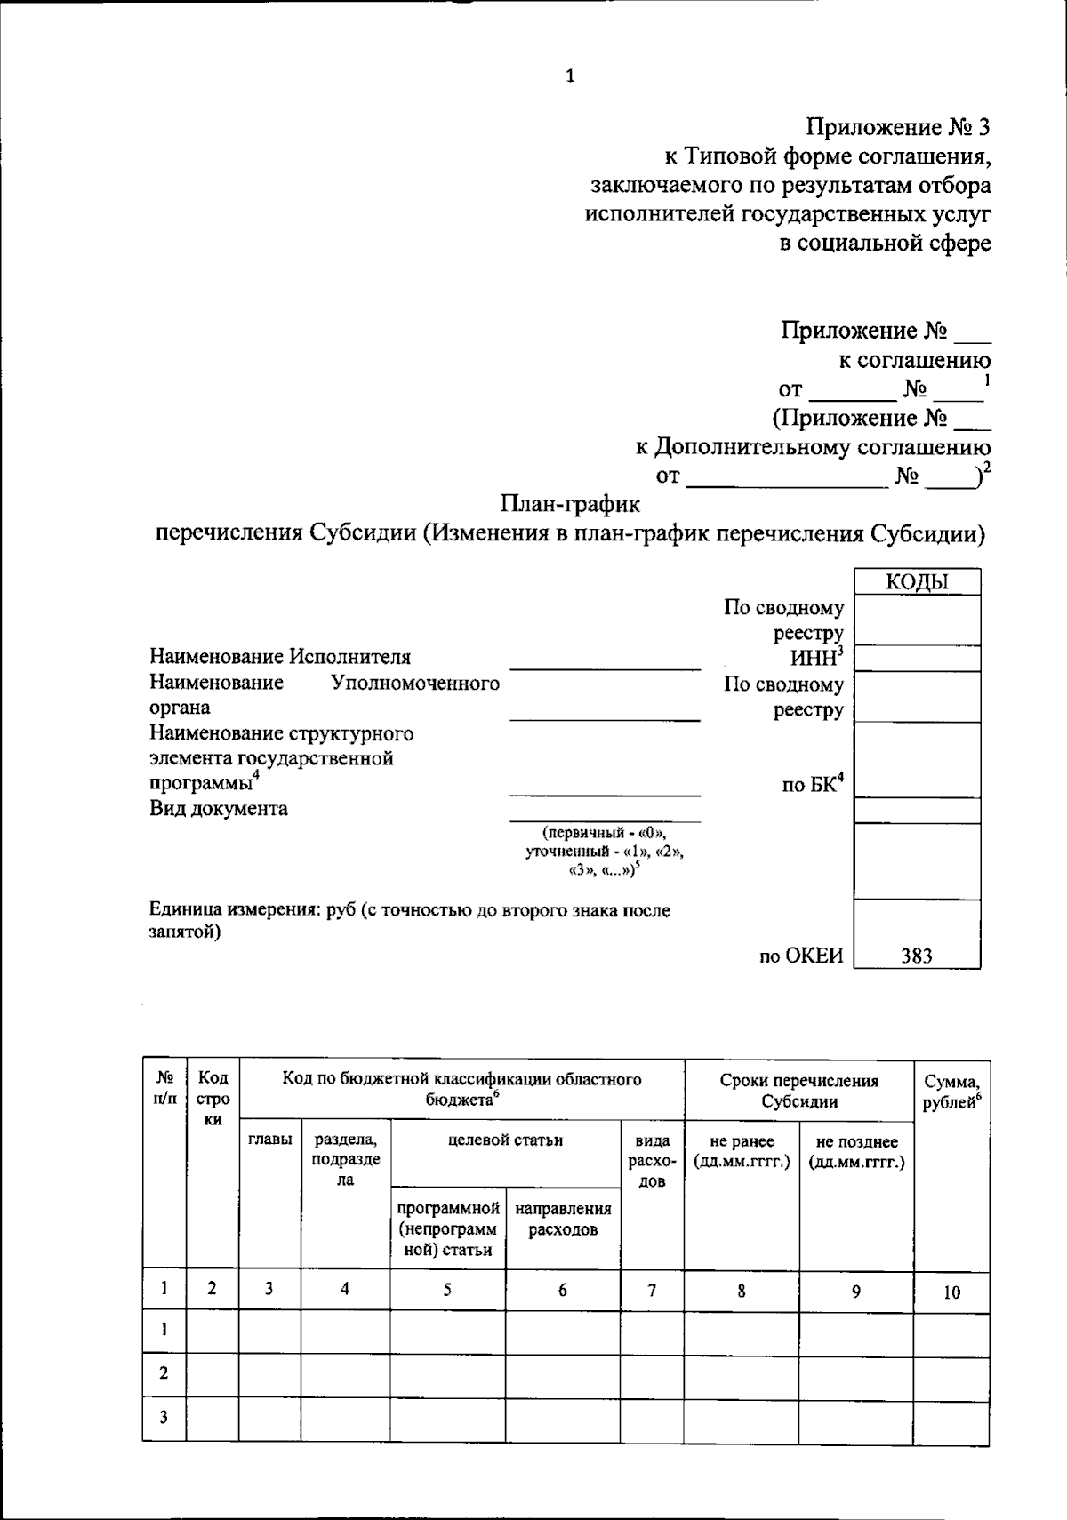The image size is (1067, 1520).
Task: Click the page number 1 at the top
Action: coord(570,76)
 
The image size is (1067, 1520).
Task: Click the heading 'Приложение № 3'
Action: coord(898,127)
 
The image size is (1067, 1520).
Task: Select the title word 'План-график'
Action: coord(570,504)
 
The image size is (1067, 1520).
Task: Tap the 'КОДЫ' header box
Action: coord(917,582)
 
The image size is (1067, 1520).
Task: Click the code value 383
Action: coord(917,956)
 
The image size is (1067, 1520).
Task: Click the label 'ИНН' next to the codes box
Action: coord(815,658)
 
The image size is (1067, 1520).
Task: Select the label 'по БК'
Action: coord(812,785)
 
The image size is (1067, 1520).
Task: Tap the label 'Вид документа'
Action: coord(219,809)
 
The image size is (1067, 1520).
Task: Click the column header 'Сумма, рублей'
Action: coord(951,1092)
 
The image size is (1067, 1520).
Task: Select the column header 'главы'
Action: coord(269,1140)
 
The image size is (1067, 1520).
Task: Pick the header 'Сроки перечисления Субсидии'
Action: coord(798,1091)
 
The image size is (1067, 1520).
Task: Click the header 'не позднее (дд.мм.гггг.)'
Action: coord(856,1151)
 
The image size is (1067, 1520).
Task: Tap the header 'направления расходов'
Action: coord(563,1219)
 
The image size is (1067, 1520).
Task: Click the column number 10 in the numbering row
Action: coord(951,1292)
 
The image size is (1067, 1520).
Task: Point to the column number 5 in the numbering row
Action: coord(447,1291)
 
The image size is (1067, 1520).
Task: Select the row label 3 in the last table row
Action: coord(164,1418)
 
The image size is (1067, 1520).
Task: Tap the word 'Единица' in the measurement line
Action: coord(185,910)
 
